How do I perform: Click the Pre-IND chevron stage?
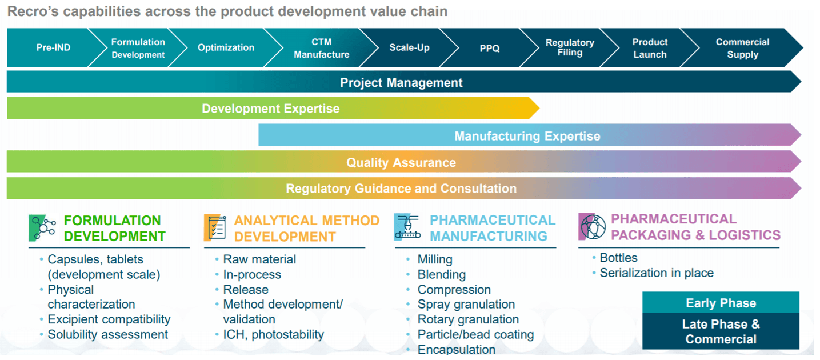pos(53,47)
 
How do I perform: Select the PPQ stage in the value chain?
pos(490,48)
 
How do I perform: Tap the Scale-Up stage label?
pos(409,47)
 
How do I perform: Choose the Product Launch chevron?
pos(650,48)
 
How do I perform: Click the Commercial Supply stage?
pos(742,48)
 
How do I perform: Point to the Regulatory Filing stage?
pos(570,48)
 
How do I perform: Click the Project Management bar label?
pos(401,82)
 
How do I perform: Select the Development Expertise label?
pos(270,109)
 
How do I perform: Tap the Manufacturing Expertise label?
pos(527,136)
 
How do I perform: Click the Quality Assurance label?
pos(401,162)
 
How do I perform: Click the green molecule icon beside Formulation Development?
pos(42,228)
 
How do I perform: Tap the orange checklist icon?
pos(215,227)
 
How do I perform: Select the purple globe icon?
pos(591,226)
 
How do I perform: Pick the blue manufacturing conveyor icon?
pos(407,227)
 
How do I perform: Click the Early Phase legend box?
pos(721,302)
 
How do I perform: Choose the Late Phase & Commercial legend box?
pos(721,331)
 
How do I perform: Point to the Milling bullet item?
pos(435,259)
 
